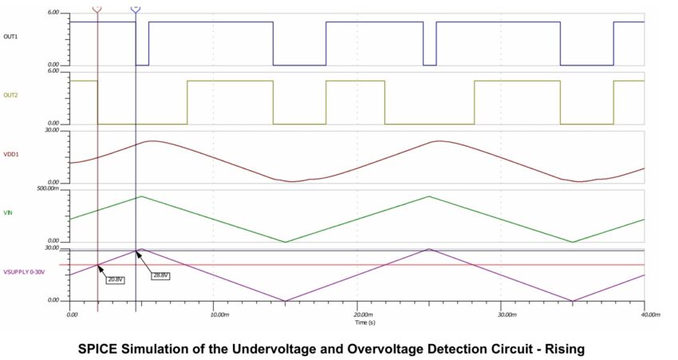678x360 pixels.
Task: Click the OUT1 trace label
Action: pyautogui.click(x=11, y=36)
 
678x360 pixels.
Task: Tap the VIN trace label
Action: pyautogui.click(x=8, y=213)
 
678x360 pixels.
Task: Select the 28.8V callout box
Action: pyautogui.click(x=161, y=275)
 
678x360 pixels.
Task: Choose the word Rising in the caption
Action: pyautogui.click(x=563, y=349)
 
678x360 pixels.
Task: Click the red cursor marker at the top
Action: pyautogui.click(x=97, y=7)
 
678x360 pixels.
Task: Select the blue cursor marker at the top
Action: pyautogui.click(x=135, y=7)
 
